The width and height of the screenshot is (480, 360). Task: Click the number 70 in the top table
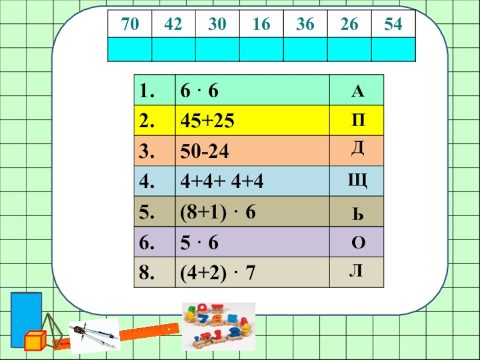click(129, 25)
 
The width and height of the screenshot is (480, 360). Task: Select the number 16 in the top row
click(261, 25)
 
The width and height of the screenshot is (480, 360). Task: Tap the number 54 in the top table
click(393, 25)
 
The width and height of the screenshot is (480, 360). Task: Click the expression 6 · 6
click(200, 91)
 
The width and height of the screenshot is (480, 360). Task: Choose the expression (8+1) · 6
click(218, 212)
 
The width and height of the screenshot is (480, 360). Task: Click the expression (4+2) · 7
click(218, 272)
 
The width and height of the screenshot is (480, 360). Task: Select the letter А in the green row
click(357, 91)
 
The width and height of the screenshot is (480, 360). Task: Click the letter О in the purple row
click(358, 242)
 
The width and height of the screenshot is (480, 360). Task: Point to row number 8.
click(146, 272)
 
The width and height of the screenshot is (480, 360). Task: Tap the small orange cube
click(35, 341)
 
